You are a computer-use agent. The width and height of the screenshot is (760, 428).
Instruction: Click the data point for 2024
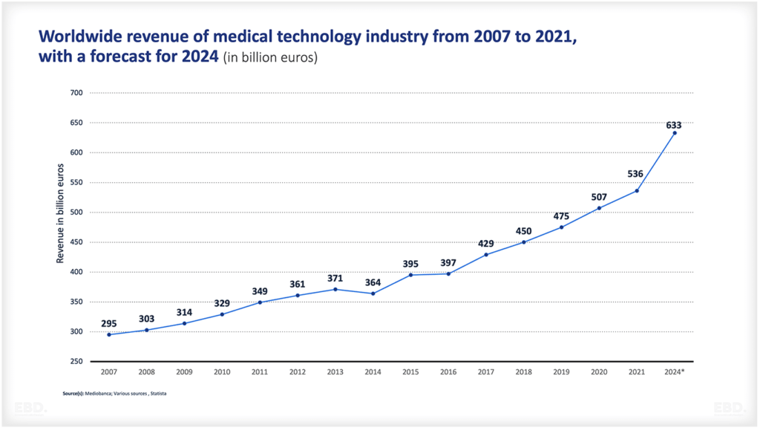[674, 133]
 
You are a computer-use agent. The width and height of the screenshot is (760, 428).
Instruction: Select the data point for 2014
[373, 294]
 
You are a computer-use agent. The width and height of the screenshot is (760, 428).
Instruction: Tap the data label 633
[674, 125]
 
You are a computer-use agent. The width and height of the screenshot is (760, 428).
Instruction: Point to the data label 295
[109, 323]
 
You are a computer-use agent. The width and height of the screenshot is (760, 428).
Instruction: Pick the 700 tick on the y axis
[76, 93]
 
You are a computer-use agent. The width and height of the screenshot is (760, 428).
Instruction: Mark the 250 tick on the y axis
[76, 361]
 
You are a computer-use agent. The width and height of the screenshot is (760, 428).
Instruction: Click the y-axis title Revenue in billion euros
[61, 212]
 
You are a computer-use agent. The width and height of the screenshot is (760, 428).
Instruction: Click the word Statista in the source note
[157, 392]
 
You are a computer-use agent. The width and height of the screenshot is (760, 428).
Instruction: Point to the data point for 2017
[486, 254]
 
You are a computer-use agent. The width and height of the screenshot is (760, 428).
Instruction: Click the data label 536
[636, 175]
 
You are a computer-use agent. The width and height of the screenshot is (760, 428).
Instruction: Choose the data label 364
[373, 282]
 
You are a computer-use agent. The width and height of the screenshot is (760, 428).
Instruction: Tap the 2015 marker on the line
[410, 275]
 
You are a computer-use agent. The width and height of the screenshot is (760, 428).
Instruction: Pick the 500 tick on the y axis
[76, 213]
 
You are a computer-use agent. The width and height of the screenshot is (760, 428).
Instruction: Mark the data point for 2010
[222, 314]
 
